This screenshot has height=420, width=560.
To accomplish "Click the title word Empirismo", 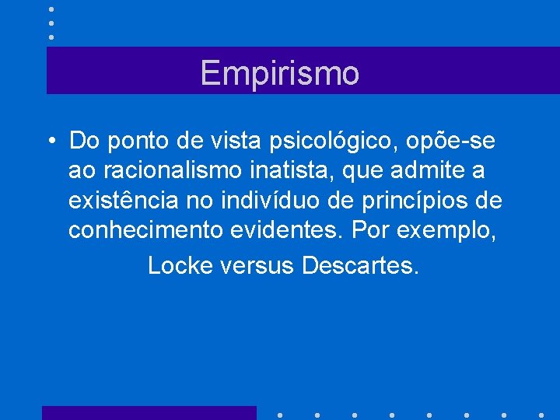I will click(x=280, y=73).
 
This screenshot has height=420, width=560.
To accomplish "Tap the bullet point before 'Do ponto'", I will click(x=49, y=142).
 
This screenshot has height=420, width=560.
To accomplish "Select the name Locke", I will click(x=180, y=265).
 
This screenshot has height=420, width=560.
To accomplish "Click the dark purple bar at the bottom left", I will click(x=149, y=412).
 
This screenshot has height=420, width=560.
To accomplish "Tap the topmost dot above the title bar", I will click(x=51, y=9).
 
